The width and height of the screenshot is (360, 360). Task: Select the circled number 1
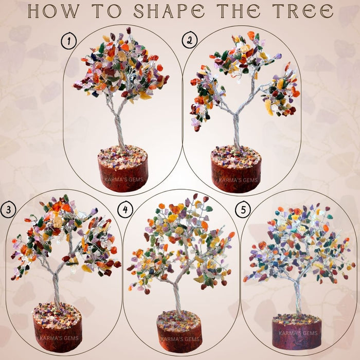click(68, 40)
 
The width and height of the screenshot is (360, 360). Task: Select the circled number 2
click(189, 41)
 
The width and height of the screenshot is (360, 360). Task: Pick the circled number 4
click(124, 210)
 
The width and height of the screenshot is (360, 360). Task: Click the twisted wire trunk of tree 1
click(120, 131)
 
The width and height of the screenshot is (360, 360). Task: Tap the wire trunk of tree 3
click(56, 291)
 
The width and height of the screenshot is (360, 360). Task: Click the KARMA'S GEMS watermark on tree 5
click(297, 333)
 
